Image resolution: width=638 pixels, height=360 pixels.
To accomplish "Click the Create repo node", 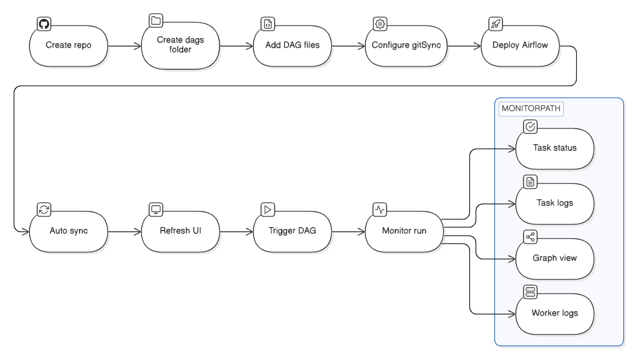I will [x=68, y=45].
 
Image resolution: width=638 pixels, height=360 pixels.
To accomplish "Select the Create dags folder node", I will [x=180, y=45].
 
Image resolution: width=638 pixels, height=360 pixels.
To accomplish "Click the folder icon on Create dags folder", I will [x=156, y=21].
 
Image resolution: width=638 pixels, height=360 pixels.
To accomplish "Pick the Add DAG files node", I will [x=292, y=45].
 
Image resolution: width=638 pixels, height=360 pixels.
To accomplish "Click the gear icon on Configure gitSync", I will [x=380, y=23].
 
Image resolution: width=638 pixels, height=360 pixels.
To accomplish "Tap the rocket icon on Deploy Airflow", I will [x=495, y=23].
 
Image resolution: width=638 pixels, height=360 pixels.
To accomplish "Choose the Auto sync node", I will [x=68, y=232].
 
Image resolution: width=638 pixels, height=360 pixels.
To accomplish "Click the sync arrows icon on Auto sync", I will [x=44, y=209].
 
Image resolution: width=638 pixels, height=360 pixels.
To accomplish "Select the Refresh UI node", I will [x=180, y=232].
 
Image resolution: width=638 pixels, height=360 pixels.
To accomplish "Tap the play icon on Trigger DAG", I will [x=268, y=209].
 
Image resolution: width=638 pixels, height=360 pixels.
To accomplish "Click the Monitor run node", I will [x=404, y=232].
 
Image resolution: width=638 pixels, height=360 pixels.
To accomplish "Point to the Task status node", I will [x=554, y=148].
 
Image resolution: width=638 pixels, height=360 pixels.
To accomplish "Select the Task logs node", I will [x=554, y=203].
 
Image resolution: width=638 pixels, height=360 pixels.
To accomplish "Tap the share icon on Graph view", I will [x=531, y=237].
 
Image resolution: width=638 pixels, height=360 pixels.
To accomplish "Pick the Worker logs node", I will [x=554, y=313].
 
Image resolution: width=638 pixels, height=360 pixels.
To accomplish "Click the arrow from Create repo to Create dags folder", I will [x=124, y=45].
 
